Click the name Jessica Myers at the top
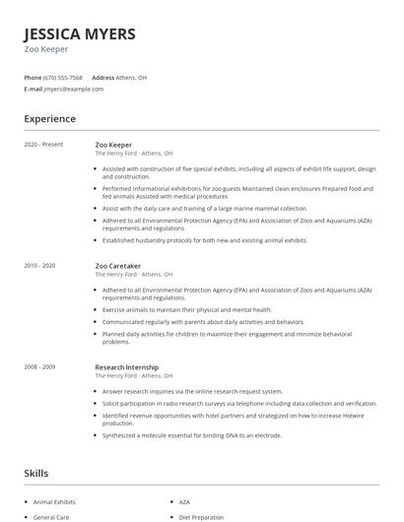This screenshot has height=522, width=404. (80, 34)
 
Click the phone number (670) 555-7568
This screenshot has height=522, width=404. (63, 77)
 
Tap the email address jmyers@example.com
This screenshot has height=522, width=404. (74, 89)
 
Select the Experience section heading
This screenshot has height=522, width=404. (50, 119)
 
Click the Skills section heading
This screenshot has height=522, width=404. (35, 474)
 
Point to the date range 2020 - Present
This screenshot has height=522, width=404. (43, 145)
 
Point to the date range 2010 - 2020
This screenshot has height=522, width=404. (40, 266)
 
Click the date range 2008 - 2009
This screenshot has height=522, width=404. (40, 367)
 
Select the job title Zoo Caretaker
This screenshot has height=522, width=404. (117, 266)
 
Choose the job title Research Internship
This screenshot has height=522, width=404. (126, 367)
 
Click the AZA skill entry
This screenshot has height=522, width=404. (185, 501)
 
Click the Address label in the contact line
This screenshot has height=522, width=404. (103, 77)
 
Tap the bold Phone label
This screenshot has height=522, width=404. (33, 77)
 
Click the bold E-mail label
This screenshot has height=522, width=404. (34, 89)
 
